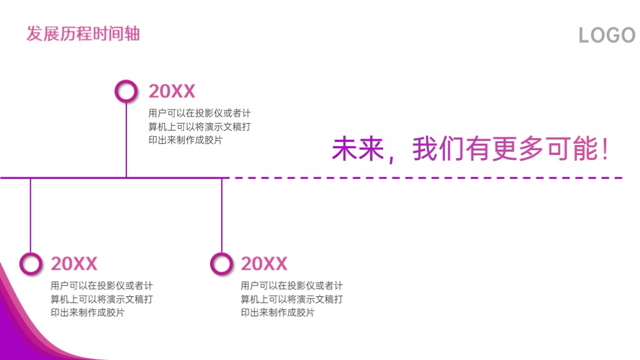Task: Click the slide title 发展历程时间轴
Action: pyautogui.click(x=83, y=34)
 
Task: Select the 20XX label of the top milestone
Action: pyautogui.click(x=172, y=91)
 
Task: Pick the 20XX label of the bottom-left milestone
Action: pyautogui.click(x=74, y=264)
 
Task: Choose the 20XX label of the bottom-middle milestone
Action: pyautogui.click(x=264, y=264)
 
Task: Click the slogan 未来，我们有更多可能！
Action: pyautogui.click(x=471, y=149)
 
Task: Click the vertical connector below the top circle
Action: pyautogui.click(x=126, y=139)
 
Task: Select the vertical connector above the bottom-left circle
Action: pyautogui.click(x=31, y=216)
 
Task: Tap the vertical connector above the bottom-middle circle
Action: pyautogui.click(x=222, y=216)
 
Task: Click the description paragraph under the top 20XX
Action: pyautogui.click(x=199, y=126)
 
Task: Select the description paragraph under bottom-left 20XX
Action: pyautogui.click(x=102, y=299)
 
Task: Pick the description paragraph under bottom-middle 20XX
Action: pyautogui.click(x=291, y=299)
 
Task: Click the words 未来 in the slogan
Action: pyautogui.click(x=358, y=149)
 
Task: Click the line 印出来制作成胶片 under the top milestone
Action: pyautogui.click(x=185, y=140)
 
